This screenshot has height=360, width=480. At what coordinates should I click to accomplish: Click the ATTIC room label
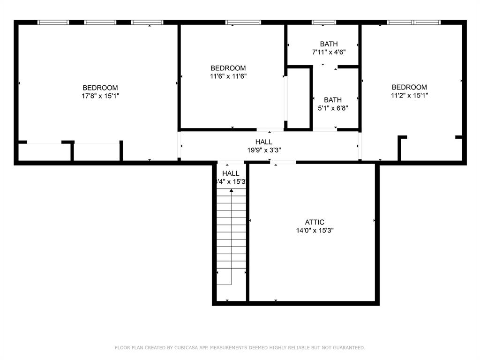tap(315, 222)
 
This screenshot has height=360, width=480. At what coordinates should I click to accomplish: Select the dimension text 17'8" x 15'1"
tap(100, 96)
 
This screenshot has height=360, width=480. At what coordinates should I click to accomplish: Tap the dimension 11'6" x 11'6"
tap(228, 76)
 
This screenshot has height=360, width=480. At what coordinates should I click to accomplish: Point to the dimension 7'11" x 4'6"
tap(329, 52)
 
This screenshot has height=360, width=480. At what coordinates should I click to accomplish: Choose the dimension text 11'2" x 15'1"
tap(409, 95)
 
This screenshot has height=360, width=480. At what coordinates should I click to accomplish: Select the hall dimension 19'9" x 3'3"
tap(263, 150)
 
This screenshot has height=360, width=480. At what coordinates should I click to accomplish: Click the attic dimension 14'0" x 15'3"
tap(315, 231)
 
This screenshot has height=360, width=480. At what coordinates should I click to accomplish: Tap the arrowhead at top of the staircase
tap(231, 190)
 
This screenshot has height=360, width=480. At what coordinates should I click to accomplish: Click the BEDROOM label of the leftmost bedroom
tap(100, 88)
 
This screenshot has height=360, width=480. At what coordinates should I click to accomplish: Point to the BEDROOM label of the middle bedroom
tap(228, 68)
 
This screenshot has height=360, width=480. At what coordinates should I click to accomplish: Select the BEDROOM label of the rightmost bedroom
tap(409, 87)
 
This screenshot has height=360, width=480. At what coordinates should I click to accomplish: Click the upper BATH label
tap(329, 44)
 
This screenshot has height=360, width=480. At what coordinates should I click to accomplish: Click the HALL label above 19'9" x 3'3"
tap(263, 142)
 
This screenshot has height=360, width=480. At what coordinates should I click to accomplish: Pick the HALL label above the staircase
tap(231, 173)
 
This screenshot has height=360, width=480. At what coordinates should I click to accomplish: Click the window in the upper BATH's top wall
tap(324, 22)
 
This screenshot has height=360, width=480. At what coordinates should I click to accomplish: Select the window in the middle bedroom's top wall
tap(243, 22)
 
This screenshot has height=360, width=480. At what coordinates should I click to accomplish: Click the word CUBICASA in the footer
tap(185, 348)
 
